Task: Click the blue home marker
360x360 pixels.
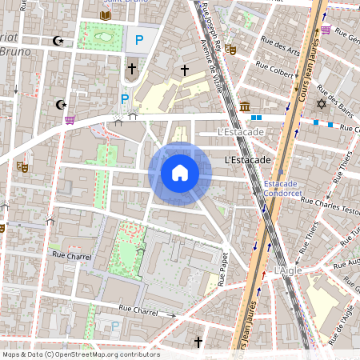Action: pos(180,172)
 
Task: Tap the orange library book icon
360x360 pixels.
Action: pos(106,14)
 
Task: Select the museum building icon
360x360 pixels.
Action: pos(244,106)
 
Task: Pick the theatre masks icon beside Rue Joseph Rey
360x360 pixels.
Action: pos(231,50)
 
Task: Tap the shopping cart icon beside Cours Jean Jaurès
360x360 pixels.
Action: pos(326,30)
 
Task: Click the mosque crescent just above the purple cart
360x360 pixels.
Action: pos(59,104)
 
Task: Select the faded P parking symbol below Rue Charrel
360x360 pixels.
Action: pos(115,326)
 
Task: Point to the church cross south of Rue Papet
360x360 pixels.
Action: pos(198,342)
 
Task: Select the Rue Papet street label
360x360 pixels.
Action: pos(224,270)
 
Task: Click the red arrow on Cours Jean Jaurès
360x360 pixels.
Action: pos(264,276)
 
